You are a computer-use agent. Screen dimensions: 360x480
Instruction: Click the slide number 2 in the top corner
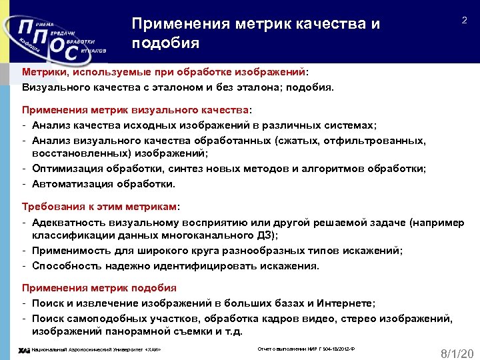pyautogui.click(x=464, y=22)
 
